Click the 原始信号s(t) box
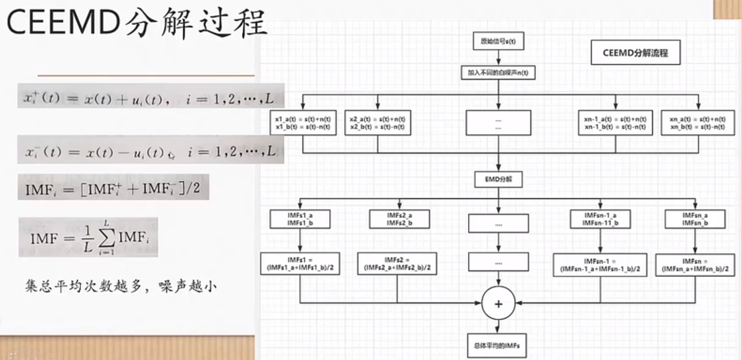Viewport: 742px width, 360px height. click(x=498, y=42)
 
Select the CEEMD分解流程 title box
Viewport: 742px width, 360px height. click(x=635, y=53)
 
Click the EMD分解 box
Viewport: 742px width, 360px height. click(x=498, y=180)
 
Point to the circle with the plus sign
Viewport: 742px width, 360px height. click(x=498, y=303)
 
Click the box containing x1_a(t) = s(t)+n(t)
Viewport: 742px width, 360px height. click(x=302, y=122)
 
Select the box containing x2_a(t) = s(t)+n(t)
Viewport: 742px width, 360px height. click(x=377, y=122)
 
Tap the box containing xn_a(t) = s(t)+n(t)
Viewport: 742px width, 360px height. click(x=698, y=122)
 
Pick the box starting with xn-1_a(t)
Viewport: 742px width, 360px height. click(x=616, y=122)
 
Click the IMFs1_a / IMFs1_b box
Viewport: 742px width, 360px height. click(x=300, y=219)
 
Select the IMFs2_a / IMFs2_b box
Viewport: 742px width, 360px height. click(x=399, y=219)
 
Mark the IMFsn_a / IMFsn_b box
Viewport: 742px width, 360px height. click(x=694, y=219)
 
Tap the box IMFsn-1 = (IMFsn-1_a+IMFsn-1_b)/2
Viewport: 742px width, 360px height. click(x=600, y=265)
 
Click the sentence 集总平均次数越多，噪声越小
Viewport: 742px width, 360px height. click(x=120, y=287)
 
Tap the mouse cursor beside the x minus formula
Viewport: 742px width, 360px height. click(x=171, y=155)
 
